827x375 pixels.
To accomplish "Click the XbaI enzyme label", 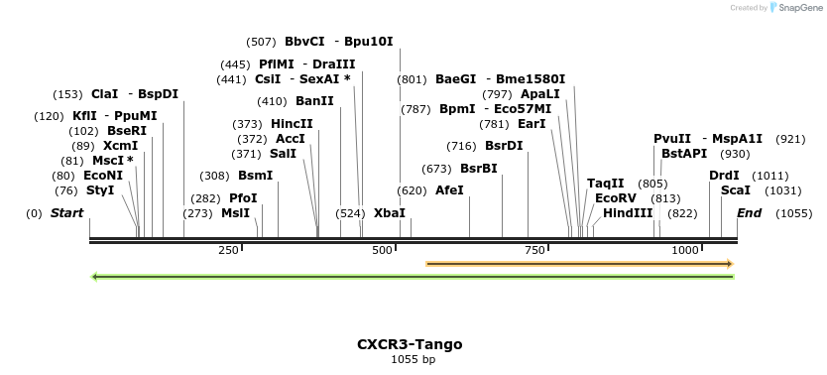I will click(x=389, y=213).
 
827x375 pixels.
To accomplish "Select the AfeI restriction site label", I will click(x=449, y=189).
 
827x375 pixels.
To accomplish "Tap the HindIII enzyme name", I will click(x=628, y=213).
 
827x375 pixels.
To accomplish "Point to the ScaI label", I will click(x=735, y=189).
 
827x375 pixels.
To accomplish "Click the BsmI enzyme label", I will click(x=255, y=176).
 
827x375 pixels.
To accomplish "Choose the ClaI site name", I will click(x=104, y=94).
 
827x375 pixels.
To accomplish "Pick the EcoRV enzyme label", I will click(x=616, y=198).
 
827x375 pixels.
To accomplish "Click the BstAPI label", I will click(x=684, y=154).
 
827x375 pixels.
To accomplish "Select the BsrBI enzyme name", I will click(x=479, y=169).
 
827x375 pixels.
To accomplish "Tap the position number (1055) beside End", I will click(x=794, y=213).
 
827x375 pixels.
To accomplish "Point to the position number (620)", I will click(x=412, y=189).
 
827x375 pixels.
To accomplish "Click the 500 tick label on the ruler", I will click(x=383, y=251).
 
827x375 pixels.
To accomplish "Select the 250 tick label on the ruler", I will click(x=228, y=251).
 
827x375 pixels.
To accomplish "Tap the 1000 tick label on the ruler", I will click(x=686, y=251).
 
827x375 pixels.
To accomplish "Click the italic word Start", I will click(x=66, y=213).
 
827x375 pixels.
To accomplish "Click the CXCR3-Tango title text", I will click(x=410, y=344).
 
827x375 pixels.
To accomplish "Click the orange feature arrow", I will click(x=579, y=264).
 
